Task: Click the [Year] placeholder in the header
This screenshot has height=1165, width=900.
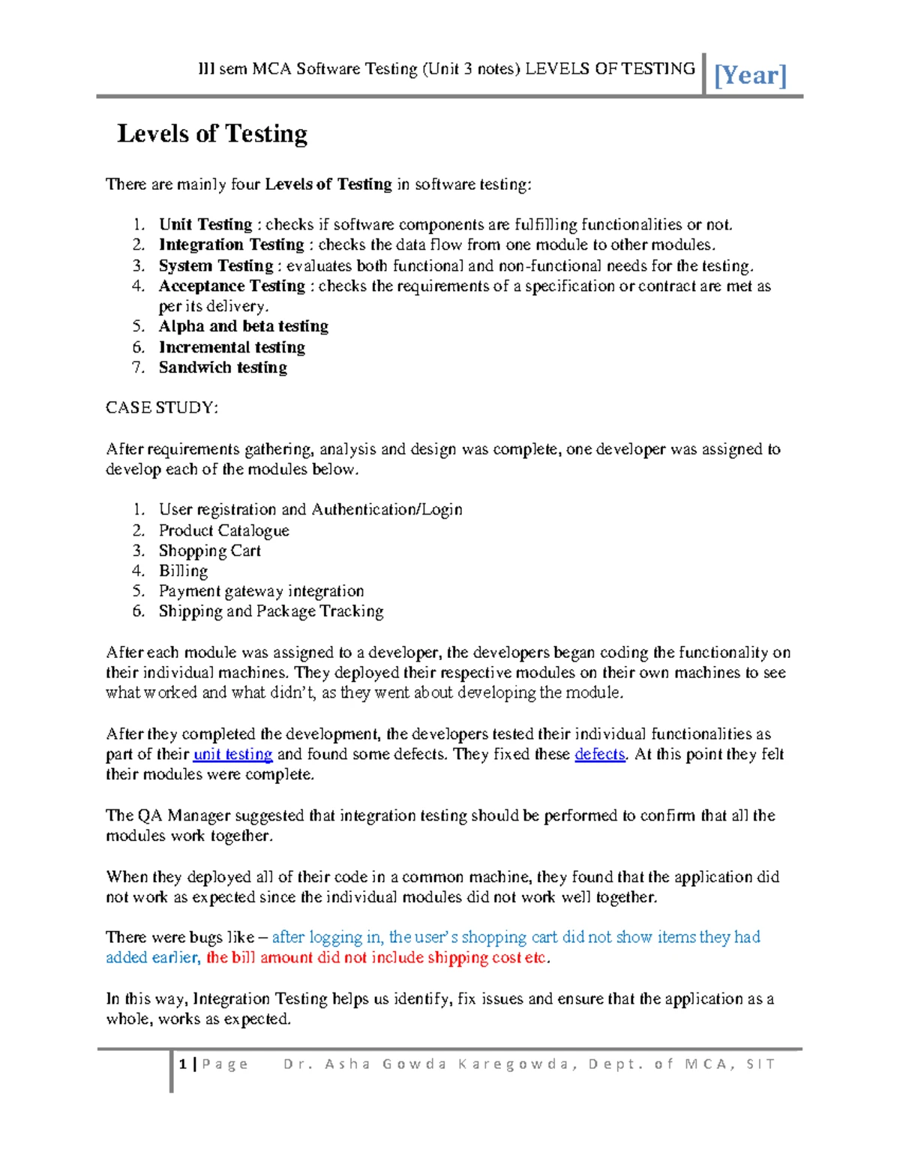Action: (750, 75)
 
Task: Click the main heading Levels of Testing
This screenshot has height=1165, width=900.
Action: (212, 134)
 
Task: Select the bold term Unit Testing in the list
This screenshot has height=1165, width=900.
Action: (205, 224)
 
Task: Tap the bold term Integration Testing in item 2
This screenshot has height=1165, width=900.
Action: (231, 245)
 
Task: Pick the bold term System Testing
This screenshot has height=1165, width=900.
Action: (216, 266)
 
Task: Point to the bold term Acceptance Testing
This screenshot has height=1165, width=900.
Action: (232, 286)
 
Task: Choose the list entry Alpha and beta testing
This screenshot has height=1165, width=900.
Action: (243, 326)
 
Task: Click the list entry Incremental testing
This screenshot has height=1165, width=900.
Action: (232, 347)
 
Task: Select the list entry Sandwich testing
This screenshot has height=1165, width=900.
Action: (223, 368)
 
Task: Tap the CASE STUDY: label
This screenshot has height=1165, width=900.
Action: (162, 408)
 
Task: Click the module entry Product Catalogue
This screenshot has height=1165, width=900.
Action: (223, 530)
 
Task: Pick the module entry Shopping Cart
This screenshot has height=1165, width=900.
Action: (209, 551)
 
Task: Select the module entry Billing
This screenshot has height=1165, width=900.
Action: (183, 571)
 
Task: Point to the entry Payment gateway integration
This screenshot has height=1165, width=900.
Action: (261, 591)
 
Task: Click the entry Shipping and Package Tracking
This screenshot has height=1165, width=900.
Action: (271, 611)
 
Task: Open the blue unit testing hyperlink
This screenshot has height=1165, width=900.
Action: (232, 754)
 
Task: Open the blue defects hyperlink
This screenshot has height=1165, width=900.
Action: (599, 754)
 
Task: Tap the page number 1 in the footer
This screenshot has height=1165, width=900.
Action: (183, 1064)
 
